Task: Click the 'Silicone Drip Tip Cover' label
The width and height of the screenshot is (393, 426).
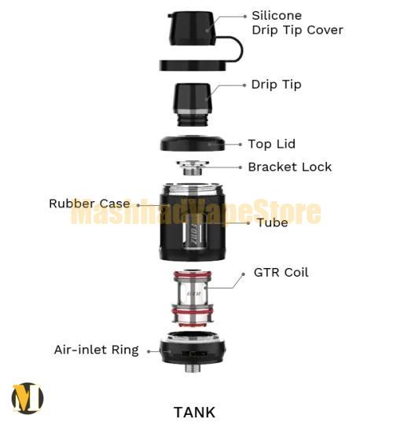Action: pyautogui.click(x=297, y=23)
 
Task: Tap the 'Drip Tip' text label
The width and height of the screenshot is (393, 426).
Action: pyautogui.click(x=276, y=85)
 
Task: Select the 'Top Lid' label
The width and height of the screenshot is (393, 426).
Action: pyautogui.click(x=271, y=144)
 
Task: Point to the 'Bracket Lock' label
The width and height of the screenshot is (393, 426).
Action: pyautogui.click(x=290, y=167)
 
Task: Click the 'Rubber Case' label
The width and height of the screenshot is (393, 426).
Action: pyautogui.click(x=90, y=204)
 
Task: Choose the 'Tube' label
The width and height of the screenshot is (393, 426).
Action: pyautogui.click(x=273, y=222)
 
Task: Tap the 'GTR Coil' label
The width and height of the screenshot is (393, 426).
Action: pyautogui.click(x=281, y=272)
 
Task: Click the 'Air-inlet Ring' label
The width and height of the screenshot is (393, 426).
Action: pyautogui.click(x=97, y=350)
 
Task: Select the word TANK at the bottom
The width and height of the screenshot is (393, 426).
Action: pyautogui.click(x=194, y=412)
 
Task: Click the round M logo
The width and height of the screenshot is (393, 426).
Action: pyautogui.click(x=28, y=398)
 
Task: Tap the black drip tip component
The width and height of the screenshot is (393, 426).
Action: pyautogui.click(x=192, y=105)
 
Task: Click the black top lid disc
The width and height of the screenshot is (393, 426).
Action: pyautogui.click(x=193, y=143)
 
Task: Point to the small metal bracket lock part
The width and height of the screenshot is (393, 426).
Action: pyautogui.click(x=193, y=167)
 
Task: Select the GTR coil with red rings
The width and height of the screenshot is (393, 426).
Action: pyautogui.click(x=193, y=298)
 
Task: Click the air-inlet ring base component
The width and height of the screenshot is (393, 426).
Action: pyautogui.click(x=193, y=348)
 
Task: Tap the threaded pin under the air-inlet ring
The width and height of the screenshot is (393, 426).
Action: pyautogui.click(x=193, y=368)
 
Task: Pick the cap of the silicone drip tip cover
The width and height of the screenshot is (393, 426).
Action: pyautogui.click(x=193, y=28)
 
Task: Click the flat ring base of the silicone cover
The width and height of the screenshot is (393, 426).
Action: pyautogui.click(x=193, y=65)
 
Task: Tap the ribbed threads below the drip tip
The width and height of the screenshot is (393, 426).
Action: pyautogui.click(x=193, y=119)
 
